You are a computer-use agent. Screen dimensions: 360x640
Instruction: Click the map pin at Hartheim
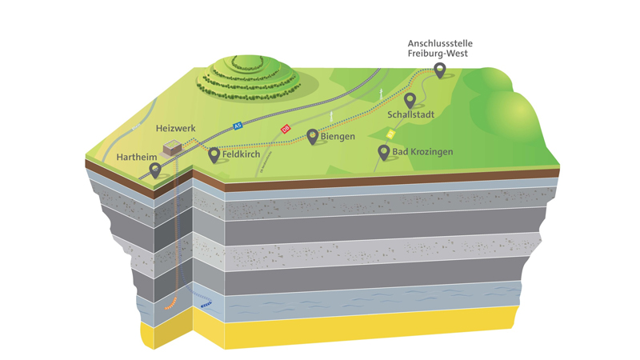pyautogui.click(x=155, y=169)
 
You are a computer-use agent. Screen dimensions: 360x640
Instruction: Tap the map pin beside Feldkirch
pyautogui.click(x=214, y=154)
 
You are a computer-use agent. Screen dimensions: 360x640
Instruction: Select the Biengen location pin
pyautogui.click(x=312, y=136)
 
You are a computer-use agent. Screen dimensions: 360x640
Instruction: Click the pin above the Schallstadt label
pyautogui.click(x=410, y=100)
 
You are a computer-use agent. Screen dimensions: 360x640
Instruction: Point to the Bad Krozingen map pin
pyautogui.click(x=384, y=151)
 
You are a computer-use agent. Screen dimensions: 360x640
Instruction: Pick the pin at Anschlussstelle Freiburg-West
pyautogui.click(x=439, y=70)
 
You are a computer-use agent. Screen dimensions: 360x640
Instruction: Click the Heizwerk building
pyautogui.click(x=171, y=148)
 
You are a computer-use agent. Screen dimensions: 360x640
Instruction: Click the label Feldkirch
pyautogui.click(x=243, y=152)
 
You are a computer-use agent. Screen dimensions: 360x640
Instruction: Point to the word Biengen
pyautogui.click(x=337, y=136)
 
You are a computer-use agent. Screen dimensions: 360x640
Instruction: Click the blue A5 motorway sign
pyautogui.click(x=238, y=126)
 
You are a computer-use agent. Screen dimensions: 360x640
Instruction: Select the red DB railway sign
pyautogui.click(x=285, y=128)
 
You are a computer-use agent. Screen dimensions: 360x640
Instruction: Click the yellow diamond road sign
pyautogui.click(x=390, y=134)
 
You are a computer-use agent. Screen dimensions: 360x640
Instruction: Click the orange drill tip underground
pyautogui.click(x=169, y=305)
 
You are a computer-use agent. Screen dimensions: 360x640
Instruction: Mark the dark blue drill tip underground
pyautogui.click(x=206, y=304)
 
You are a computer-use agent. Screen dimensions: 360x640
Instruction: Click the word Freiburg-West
pyautogui.click(x=438, y=54)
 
